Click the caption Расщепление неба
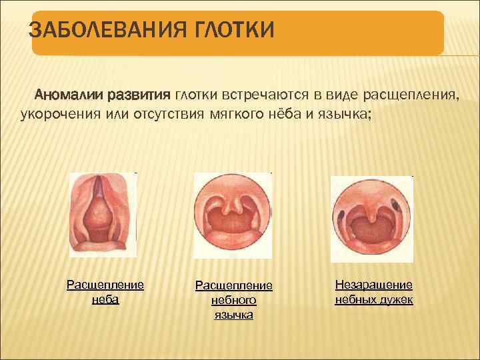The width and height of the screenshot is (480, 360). tap(105, 292)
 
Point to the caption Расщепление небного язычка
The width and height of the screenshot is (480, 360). tap(233, 300)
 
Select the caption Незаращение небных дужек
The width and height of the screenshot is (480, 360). tap(373, 292)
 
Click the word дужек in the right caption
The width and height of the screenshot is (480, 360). tap(397, 300)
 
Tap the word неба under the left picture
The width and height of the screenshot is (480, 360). tap(105, 300)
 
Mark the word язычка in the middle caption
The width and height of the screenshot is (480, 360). tap(233, 315)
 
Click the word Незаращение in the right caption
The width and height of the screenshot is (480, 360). tap(373, 285)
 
